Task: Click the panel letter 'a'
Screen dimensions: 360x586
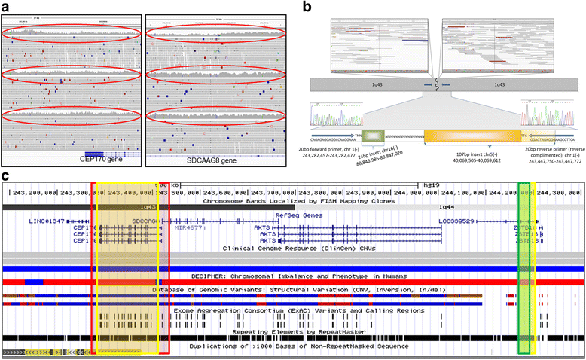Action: [x=7, y=7]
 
